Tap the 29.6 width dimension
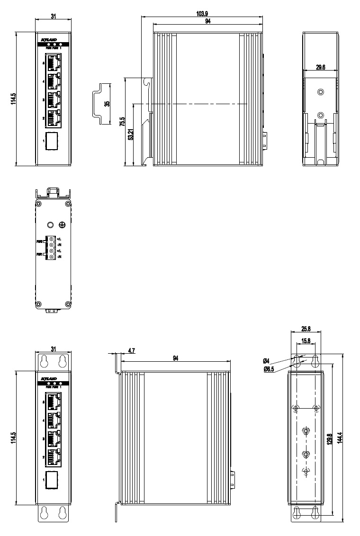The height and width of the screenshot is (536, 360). (x=320, y=68)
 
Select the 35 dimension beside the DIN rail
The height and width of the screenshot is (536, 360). (x=107, y=103)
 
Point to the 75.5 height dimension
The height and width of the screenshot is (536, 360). (x=123, y=122)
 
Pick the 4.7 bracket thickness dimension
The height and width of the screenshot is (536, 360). (x=132, y=351)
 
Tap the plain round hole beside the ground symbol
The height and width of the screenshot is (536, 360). (x=49, y=225)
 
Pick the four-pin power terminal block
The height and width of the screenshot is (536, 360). (x=51, y=247)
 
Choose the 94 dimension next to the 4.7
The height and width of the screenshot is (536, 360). (x=176, y=359)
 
